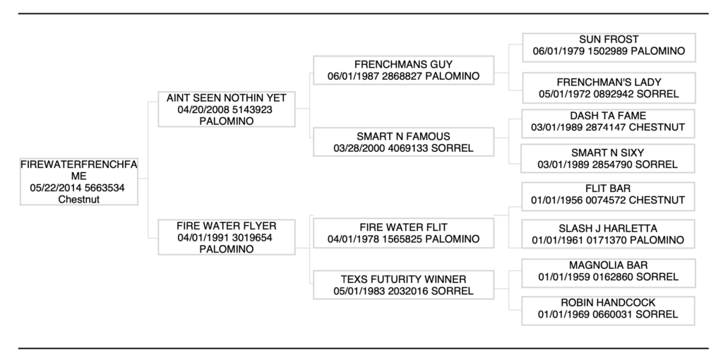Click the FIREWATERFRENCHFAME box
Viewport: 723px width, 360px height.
coord(78,181)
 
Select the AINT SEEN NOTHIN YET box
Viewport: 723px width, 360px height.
coord(226,109)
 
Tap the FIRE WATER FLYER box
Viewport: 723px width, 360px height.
coord(226,237)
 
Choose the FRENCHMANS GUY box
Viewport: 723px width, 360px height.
coord(403,70)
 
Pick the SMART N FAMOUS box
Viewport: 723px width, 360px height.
coord(403,142)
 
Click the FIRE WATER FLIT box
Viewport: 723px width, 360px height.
coord(403,234)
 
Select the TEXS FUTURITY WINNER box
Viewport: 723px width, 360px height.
coord(403,284)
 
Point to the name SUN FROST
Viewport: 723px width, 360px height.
coord(608,40)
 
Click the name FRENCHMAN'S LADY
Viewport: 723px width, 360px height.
coord(608,82)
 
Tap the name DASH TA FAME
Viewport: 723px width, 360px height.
coord(608,115)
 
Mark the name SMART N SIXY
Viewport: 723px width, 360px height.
coord(608,152)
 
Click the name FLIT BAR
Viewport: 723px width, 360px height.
coord(608,188)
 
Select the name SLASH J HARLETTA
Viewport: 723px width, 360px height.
coord(608,228)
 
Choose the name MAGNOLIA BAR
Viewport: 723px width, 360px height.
coord(608,265)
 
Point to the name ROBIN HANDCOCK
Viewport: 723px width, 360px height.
coord(608,301)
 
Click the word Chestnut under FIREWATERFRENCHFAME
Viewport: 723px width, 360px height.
coord(78,199)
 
